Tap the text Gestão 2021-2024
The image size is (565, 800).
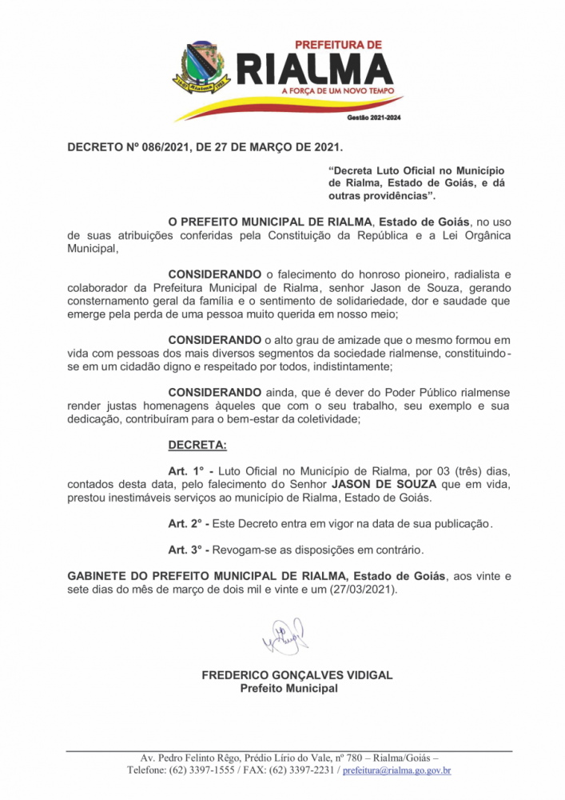click(374, 118)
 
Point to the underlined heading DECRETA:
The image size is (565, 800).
click(197, 444)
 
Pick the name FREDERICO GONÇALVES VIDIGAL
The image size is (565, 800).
click(296, 675)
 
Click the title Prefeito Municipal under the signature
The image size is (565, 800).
click(288, 688)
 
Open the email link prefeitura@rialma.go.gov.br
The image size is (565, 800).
click(397, 770)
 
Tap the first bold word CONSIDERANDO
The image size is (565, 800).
click(214, 274)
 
